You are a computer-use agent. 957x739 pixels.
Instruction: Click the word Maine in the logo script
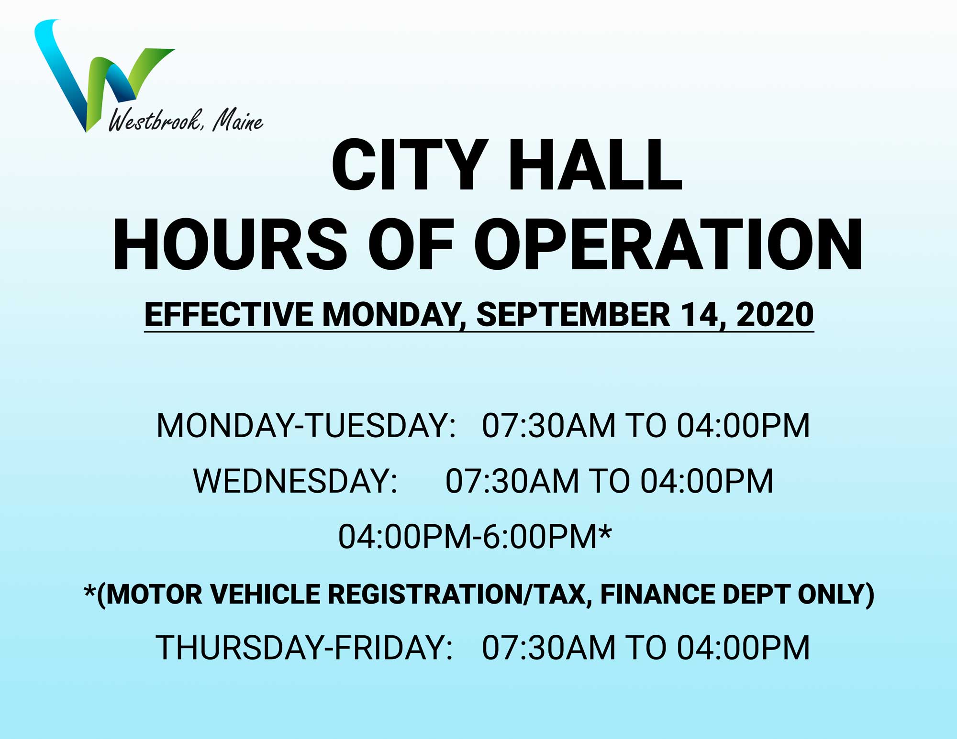pyautogui.click(x=238, y=121)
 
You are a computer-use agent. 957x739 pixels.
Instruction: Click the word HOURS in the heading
pyautogui.click(x=230, y=245)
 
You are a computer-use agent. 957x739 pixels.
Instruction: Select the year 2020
pyautogui.click(x=775, y=315)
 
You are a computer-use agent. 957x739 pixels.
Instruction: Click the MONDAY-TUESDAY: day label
pyautogui.click(x=306, y=425)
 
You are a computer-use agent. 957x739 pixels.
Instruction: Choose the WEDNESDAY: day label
pyautogui.click(x=295, y=481)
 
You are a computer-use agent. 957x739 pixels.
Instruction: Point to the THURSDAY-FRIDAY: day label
pyautogui.click(x=304, y=648)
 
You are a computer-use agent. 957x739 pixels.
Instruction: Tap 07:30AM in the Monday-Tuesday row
pyautogui.click(x=548, y=425)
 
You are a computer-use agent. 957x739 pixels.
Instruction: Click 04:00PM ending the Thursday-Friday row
pyautogui.click(x=743, y=648)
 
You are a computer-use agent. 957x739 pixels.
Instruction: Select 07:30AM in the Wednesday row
pyautogui.click(x=512, y=481)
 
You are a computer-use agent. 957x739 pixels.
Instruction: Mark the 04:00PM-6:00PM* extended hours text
pyautogui.click(x=475, y=536)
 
